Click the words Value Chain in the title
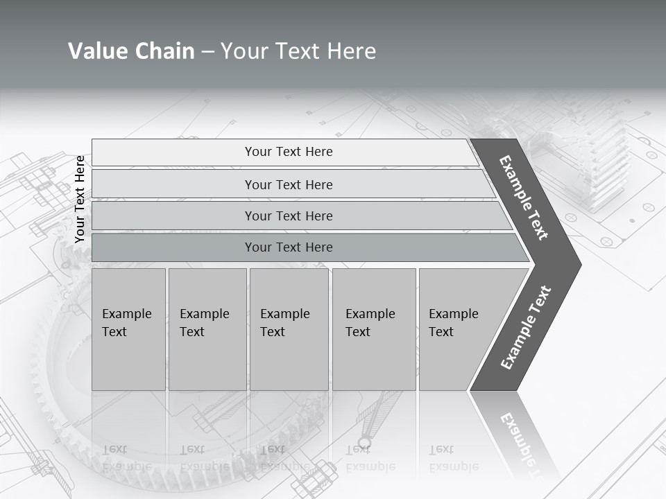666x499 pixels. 131,51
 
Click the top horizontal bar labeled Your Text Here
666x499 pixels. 289,152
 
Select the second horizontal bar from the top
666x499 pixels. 289,184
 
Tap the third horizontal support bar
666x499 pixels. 289,216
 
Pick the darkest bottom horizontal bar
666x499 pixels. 289,247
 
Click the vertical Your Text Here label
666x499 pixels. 80,199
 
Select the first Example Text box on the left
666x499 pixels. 128,329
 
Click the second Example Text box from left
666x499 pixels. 207,329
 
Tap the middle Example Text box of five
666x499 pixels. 289,329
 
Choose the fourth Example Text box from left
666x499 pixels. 373,329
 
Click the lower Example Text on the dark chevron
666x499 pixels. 526,327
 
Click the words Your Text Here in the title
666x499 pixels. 298,51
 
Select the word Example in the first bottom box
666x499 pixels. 126,314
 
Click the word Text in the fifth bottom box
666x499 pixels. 441,332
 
